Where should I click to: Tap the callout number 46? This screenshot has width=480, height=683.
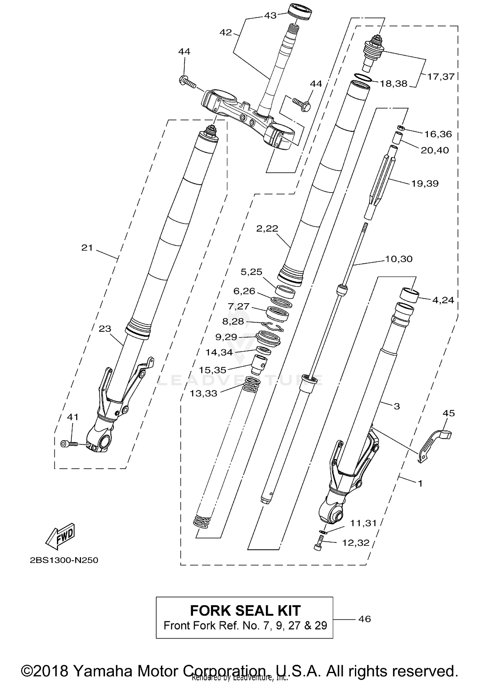point(364,619)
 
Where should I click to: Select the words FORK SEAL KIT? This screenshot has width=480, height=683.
point(245,610)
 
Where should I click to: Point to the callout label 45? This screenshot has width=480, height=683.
point(448,413)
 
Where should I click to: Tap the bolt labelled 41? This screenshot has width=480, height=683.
point(69,443)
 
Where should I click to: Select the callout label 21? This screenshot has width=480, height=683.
point(87,247)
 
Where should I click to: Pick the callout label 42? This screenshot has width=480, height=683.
point(226,32)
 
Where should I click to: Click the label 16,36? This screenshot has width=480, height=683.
point(438,134)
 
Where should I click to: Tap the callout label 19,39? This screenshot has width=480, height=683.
point(425,183)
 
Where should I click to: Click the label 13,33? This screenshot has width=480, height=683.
point(204,393)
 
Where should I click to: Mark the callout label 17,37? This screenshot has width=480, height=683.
point(441,76)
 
